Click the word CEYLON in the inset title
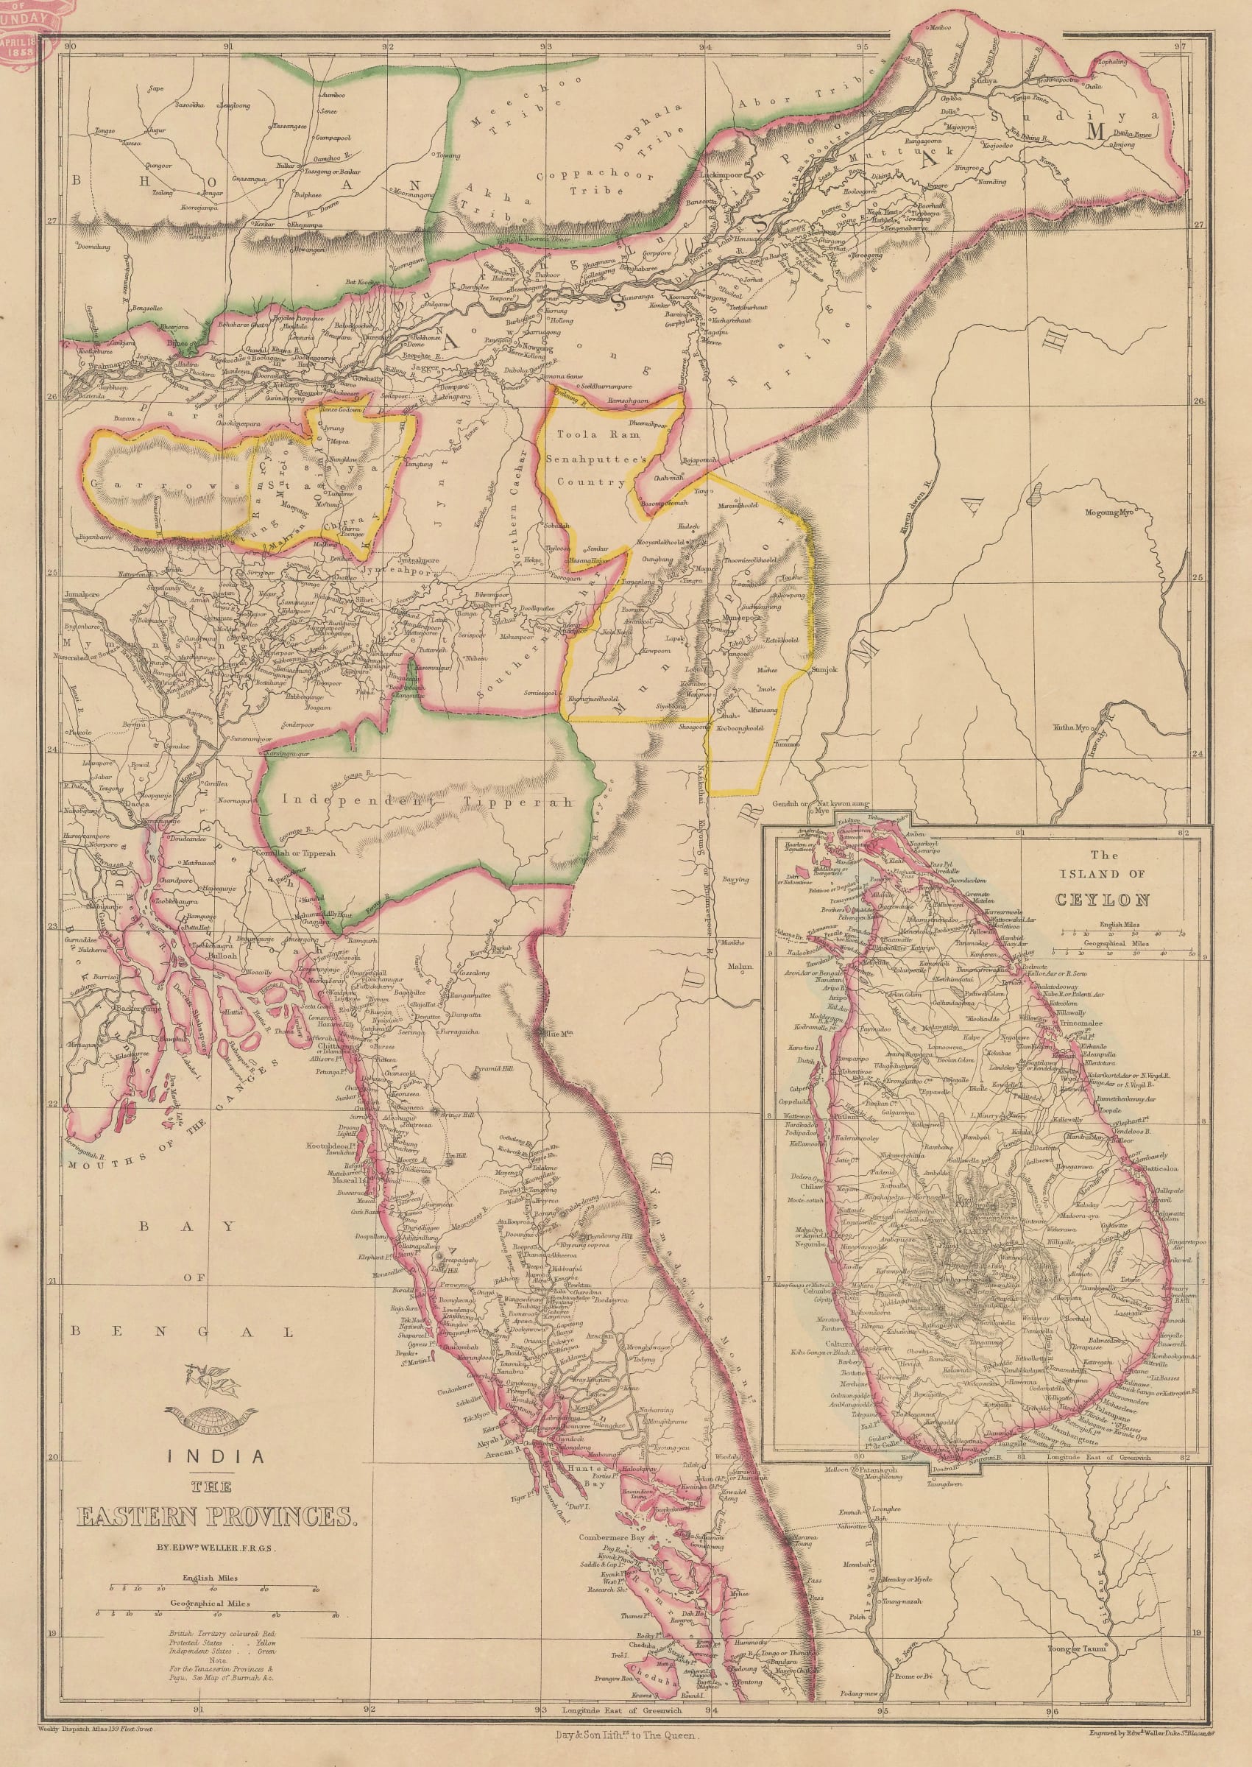point(1104,900)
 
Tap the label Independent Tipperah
point(428,801)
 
